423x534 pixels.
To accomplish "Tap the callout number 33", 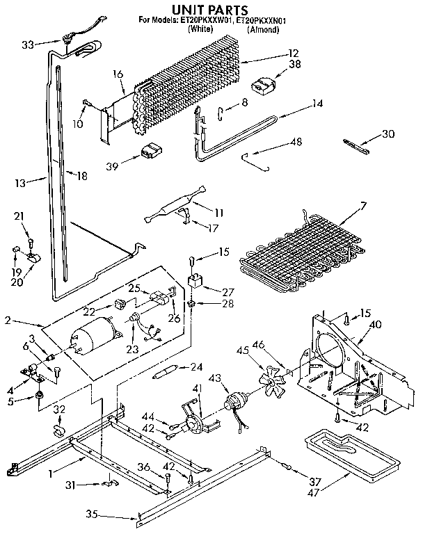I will tap(28, 44).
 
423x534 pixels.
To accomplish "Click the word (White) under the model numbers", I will tap(200, 31).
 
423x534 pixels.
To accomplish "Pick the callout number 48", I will tap(297, 143).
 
